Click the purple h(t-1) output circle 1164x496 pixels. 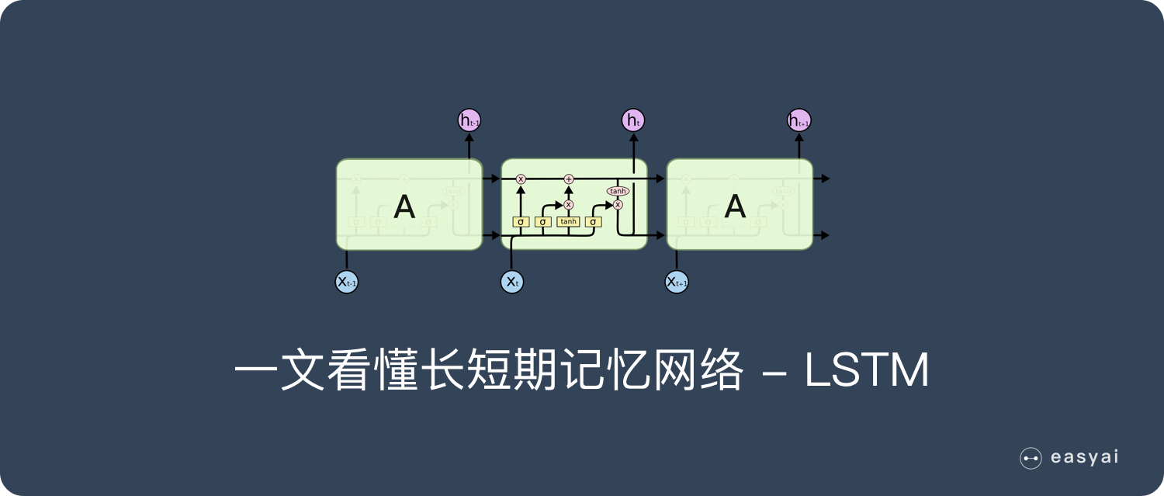pos(469,120)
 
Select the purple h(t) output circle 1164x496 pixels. pos(633,120)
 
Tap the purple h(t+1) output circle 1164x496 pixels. pos(799,120)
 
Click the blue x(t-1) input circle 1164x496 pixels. pos(346,282)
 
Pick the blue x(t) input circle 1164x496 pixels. pos(512,282)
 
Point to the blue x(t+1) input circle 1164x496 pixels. pos(677,282)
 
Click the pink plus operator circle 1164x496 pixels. pos(568,179)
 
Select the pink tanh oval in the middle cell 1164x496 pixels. pos(618,191)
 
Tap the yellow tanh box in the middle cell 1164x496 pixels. pos(568,222)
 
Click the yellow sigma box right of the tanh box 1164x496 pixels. pos(593,222)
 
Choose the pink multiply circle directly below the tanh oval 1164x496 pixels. pos(618,205)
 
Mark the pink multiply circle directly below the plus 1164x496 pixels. pos(568,205)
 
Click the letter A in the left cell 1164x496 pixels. pos(404,206)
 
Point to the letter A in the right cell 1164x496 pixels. pos(734,206)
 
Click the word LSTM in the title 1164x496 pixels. pos(867,373)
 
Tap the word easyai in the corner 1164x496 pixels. pos(1085,458)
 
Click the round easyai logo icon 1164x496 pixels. pos(1031,459)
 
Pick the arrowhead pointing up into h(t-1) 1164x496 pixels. pos(469,138)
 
